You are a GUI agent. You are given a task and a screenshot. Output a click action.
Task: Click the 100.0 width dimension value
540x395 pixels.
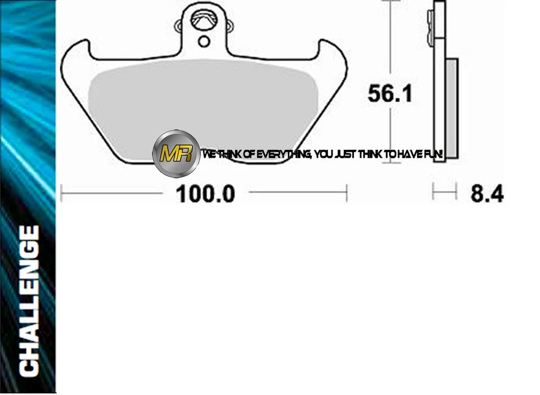205,194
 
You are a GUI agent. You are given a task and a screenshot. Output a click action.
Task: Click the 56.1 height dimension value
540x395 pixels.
390,93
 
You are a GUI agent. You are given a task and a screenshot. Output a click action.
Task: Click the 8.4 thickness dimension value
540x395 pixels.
487,194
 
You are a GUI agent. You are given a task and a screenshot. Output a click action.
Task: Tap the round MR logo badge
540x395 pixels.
176,153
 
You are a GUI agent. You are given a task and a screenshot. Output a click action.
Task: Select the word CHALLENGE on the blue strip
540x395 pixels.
29,301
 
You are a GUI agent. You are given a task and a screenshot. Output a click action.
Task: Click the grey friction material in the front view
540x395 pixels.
202,101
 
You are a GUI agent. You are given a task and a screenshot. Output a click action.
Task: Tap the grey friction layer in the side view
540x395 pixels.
452,107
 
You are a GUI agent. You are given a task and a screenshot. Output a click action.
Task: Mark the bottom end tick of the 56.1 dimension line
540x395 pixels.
390,163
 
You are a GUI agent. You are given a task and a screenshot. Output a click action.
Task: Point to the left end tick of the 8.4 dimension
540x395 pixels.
433,192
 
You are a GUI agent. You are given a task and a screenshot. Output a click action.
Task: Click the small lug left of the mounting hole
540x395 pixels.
179,25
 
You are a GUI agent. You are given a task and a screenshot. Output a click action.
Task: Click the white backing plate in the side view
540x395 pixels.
439,84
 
